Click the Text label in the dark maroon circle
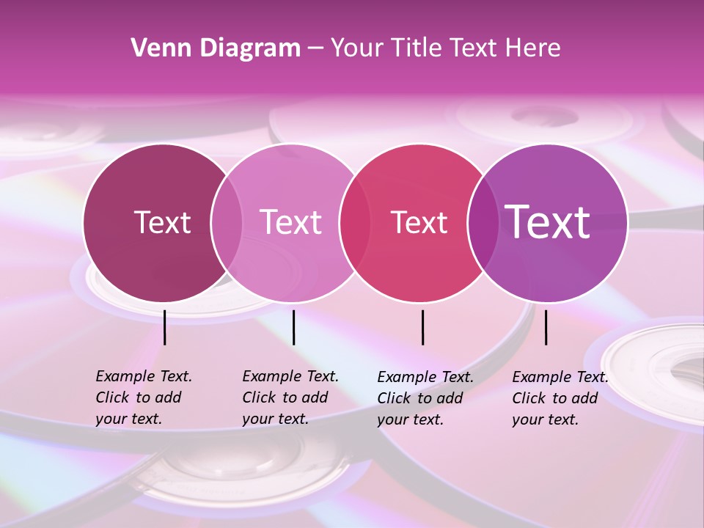pyautogui.click(x=162, y=222)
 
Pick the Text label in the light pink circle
pyautogui.click(x=290, y=222)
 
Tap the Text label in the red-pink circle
pyautogui.click(x=419, y=222)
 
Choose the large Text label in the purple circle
pyautogui.click(x=548, y=221)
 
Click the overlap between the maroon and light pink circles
pyautogui.click(x=227, y=223)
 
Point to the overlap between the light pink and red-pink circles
pyautogui.click(x=355, y=223)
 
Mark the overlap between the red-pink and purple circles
pyautogui.click(x=483, y=223)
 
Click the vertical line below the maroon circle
pyautogui.click(x=165, y=327)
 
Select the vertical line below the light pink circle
pyautogui.click(x=293, y=327)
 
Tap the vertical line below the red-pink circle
pyautogui.click(x=422, y=327)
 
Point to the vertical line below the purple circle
pyautogui.click(x=546, y=327)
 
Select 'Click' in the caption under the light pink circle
pyautogui.click(x=259, y=397)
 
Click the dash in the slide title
pyautogui.click(x=315, y=49)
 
